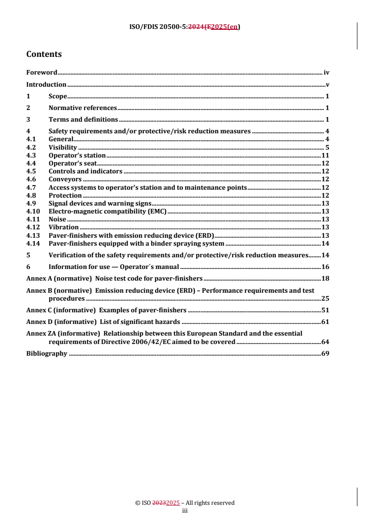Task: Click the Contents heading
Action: tap(44, 55)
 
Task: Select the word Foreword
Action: tap(42, 73)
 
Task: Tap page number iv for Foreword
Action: tap(327, 73)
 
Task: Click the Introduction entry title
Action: tap(46, 85)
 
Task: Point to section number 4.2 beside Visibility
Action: tap(31, 147)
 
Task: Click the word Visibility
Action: tap(63, 147)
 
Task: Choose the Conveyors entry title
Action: tap(65, 179)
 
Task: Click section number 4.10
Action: tap(32, 211)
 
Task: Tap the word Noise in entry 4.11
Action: tap(57, 219)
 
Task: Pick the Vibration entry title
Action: tap(63, 227)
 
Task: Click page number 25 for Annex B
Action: tap(326, 298)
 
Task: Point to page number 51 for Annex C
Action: tap(326, 310)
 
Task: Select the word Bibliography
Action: tap(47, 354)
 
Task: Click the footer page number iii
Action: tap(184, 510)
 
